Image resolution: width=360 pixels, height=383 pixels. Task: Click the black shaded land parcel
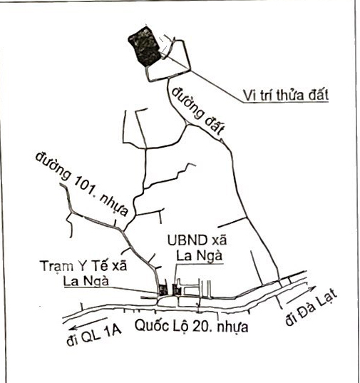[145, 46]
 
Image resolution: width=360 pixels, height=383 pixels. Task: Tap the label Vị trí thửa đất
[286, 96]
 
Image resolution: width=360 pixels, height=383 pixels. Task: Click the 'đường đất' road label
[197, 111]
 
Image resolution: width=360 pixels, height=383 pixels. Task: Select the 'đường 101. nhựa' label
[82, 184]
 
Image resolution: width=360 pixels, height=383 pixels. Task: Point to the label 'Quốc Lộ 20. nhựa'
[192, 326]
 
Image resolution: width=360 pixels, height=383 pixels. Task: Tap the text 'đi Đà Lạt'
[312, 308]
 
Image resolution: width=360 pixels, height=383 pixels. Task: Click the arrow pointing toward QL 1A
[88, 324]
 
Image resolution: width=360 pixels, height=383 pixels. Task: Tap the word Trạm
[56, 266]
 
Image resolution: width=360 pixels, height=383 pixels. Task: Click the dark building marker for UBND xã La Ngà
[177, 290]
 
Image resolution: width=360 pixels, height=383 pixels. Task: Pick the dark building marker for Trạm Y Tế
[163, 290]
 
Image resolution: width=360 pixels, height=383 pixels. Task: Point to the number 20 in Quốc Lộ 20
[200, 326]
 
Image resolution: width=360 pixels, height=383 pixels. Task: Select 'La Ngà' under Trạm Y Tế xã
[86, 281]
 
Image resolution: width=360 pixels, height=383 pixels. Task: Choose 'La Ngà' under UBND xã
[200, 256]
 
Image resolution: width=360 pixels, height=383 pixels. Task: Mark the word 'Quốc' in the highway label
[152, 325]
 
